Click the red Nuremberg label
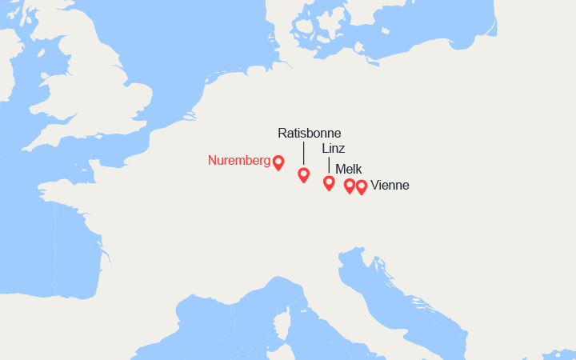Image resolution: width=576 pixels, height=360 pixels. [238, 160]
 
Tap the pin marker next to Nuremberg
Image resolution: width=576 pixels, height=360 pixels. [278, 162]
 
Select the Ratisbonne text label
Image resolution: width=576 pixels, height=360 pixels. [309, 133]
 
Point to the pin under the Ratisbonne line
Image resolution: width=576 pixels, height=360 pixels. [303, 174]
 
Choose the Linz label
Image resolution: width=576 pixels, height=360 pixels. [334, 149]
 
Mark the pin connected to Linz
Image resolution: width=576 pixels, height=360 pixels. [328, 182]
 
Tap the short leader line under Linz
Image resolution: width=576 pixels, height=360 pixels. [328, 164]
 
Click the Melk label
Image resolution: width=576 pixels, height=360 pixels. [348, 169]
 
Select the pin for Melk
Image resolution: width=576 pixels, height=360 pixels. [349, 186]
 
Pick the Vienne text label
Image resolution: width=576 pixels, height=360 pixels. [390, 186]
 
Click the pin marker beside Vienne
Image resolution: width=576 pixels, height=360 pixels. [362, 186]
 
